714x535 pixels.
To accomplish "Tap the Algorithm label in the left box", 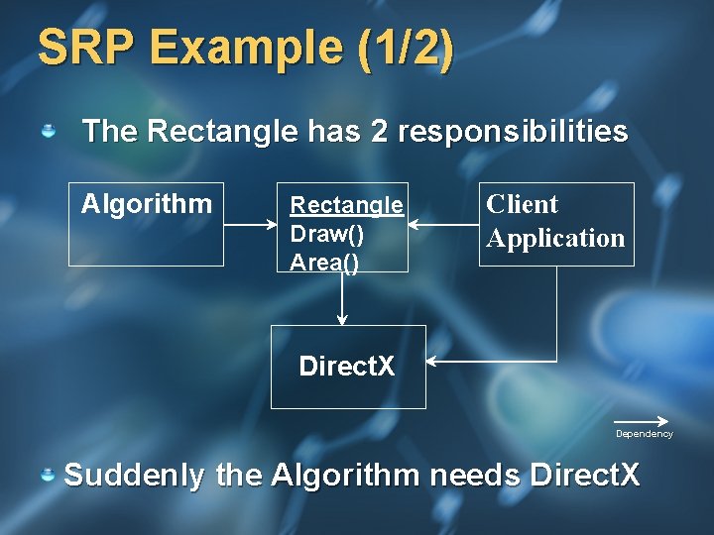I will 147,204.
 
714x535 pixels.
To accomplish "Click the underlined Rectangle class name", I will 346,205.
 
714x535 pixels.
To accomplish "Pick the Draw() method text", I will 321,234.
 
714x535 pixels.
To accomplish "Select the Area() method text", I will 323,262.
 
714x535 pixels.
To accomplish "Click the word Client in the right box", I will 522,204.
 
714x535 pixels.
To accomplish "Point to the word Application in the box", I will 555,238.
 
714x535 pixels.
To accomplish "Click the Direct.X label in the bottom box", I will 346,367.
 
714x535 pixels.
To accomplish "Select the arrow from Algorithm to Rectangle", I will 249,226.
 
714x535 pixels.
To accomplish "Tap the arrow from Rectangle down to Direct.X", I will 342,297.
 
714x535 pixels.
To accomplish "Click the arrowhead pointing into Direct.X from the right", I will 433,363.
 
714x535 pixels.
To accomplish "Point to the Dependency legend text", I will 644,434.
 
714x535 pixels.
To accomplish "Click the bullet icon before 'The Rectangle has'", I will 48,131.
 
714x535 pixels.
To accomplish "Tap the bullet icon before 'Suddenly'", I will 48,476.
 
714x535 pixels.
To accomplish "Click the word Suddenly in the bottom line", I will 135,475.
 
